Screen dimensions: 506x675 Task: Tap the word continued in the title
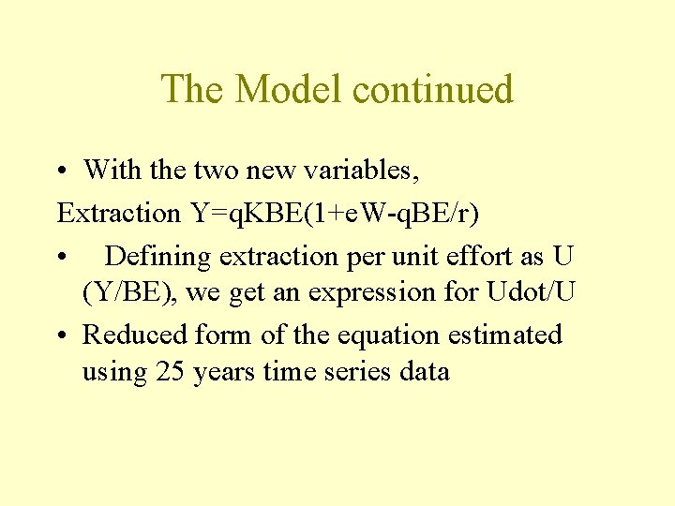click(x=433, y=89)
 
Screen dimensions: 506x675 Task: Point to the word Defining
click(x=159, y=255)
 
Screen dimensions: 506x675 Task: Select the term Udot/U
click(x=532, y=292)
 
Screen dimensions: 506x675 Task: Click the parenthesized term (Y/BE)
click(x=130, y=292)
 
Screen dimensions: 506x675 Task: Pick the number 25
click(x=171, y=372)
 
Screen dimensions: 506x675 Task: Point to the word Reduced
click(x=135, y=335)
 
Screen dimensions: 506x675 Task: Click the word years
click(x=223, y=372)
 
